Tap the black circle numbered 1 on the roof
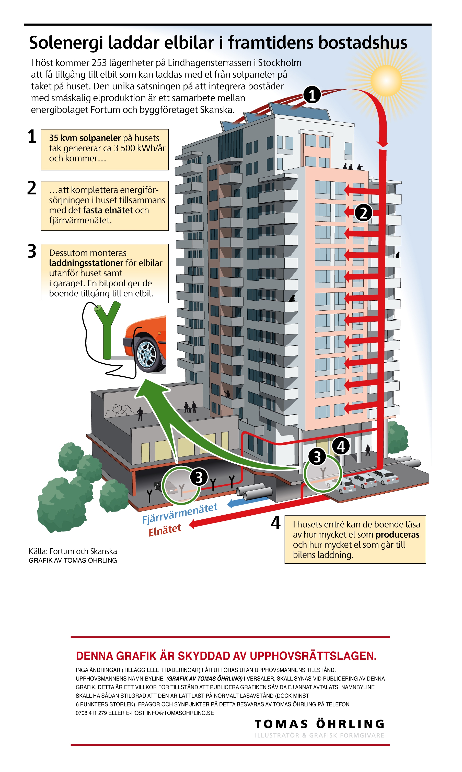click(x=312, y=95)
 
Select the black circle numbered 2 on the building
click(x=363, y=213)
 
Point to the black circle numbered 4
click(x=341, y=446)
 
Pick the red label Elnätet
click(x=165, y=530)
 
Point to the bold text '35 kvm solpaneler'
click(x=85, y=138)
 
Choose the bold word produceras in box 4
click(x=397, y=535)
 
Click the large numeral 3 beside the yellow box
click(x=32, y=252)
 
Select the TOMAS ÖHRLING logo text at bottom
click(x=319, y=724)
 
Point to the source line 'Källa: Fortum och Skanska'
click(x=73, y=551)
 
